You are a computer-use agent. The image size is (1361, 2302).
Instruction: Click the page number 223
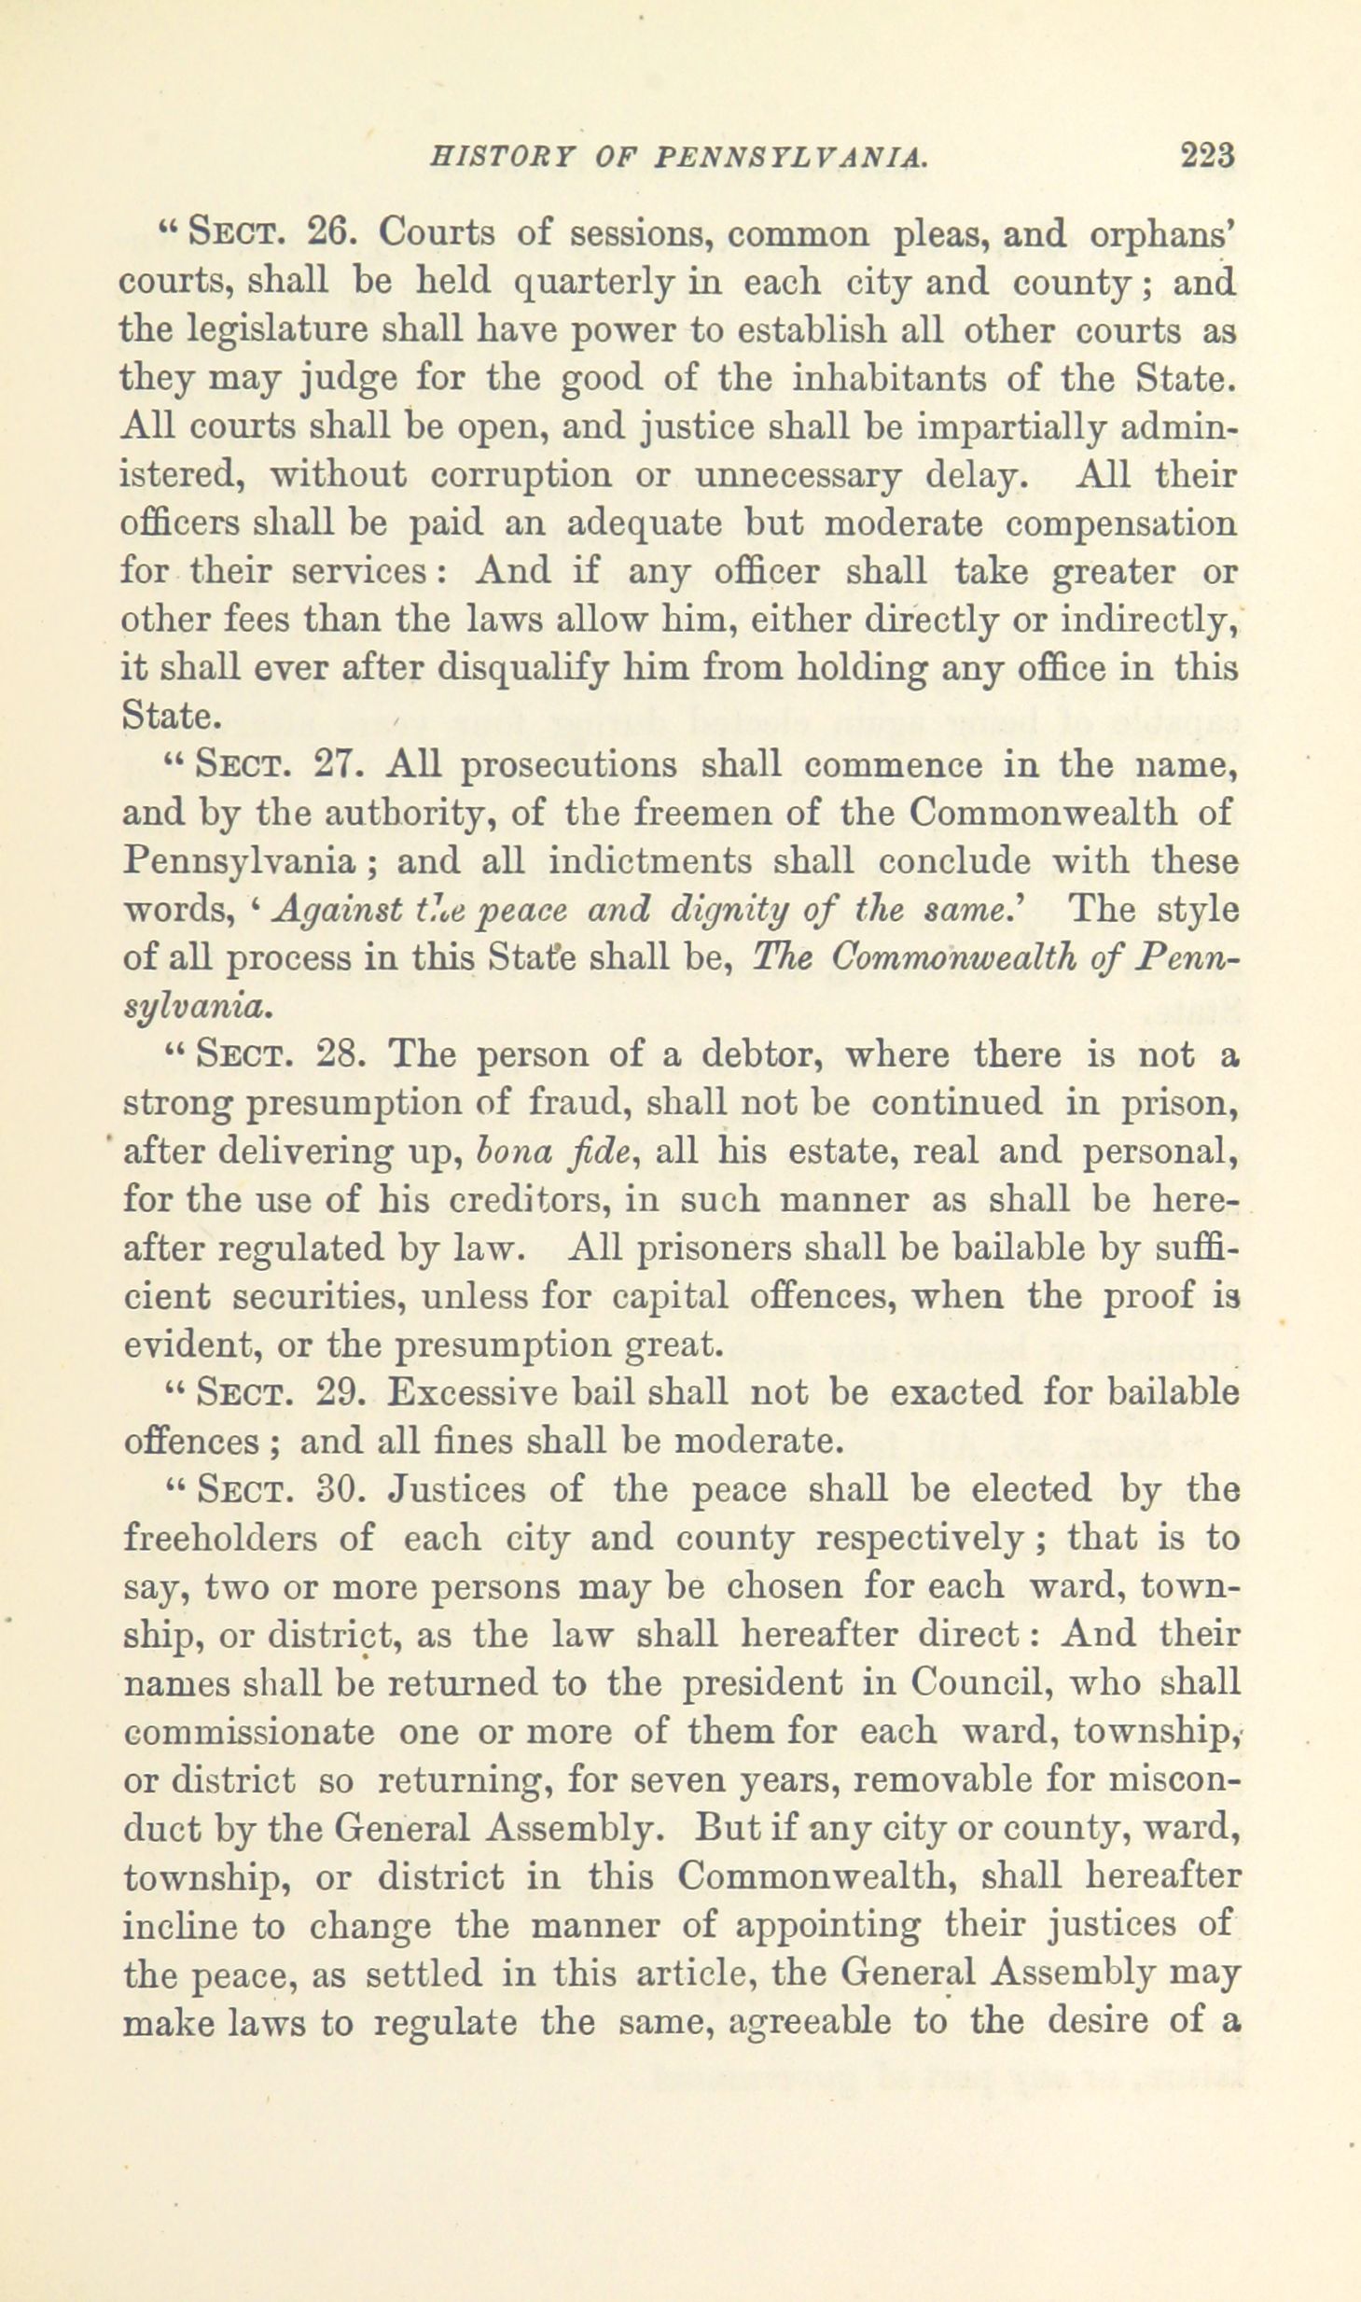[1207, 153]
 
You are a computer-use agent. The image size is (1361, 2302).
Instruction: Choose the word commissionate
[248, 1733]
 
